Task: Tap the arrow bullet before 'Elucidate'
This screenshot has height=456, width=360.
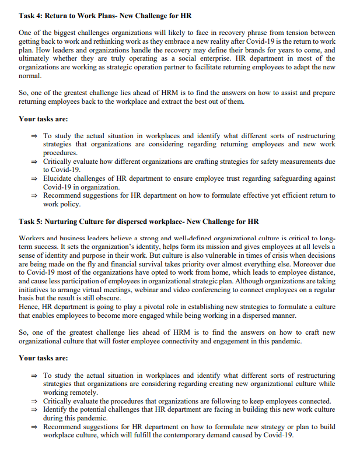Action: tap(34, 179)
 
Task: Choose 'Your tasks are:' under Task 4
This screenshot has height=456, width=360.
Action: tap(43, 119)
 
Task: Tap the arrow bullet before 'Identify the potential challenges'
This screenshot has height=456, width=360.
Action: tap(34, 410)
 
